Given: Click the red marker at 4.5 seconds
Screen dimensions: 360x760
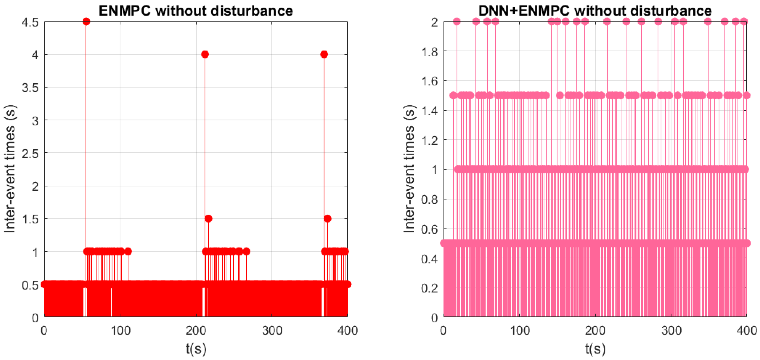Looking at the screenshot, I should coord(86,21).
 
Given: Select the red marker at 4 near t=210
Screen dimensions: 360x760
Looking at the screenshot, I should coord(205,54).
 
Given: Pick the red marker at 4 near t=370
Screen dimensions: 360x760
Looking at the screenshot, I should coord(324,54).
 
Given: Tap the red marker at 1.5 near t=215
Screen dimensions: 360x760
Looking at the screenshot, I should coord(208,219).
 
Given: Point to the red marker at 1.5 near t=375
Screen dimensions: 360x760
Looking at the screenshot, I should coord(328,219).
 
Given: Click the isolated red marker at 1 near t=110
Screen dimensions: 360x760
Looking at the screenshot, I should coord(128,251).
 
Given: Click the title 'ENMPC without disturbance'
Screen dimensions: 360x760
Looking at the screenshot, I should coord(196,11).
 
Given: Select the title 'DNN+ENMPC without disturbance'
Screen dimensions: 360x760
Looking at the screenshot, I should coord(595,11).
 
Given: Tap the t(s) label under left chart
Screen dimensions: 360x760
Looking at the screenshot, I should coord(196,349).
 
